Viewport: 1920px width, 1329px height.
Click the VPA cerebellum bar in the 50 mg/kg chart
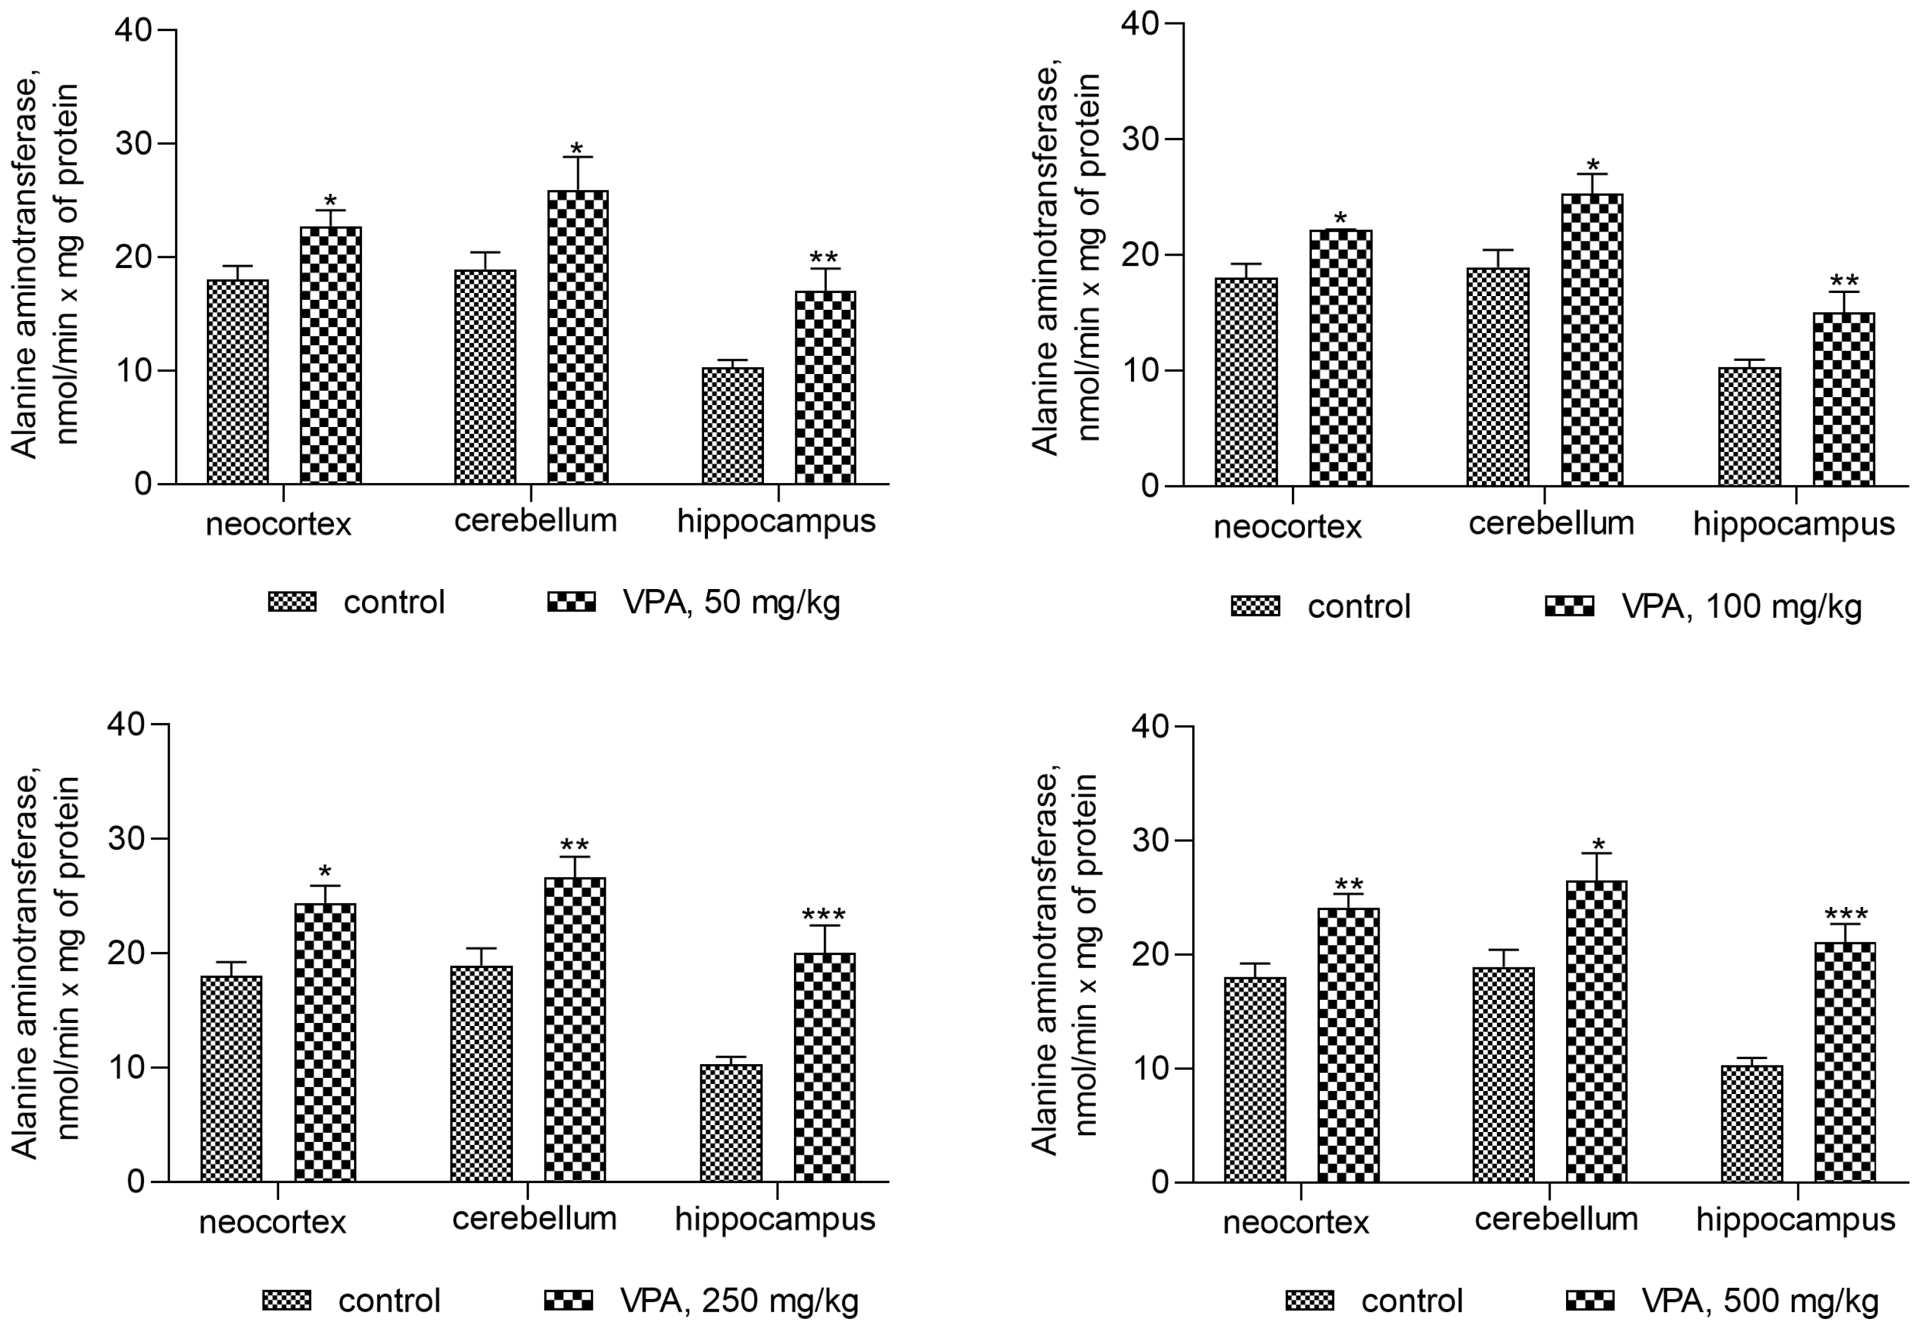click(578, 337)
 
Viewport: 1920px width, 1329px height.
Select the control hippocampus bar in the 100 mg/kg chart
click(1749, 426)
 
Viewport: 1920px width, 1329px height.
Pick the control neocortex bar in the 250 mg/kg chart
click(231, 1079)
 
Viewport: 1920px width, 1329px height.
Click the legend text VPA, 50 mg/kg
click(731, 602)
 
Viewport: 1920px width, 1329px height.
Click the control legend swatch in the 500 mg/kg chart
click(1309, 1300)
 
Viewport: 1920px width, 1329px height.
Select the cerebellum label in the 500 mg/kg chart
click(1555, 1219)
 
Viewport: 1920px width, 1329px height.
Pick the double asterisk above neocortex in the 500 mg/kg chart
click(1349, 885)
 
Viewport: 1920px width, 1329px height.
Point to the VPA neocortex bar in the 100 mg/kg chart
click(1340, 358)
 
